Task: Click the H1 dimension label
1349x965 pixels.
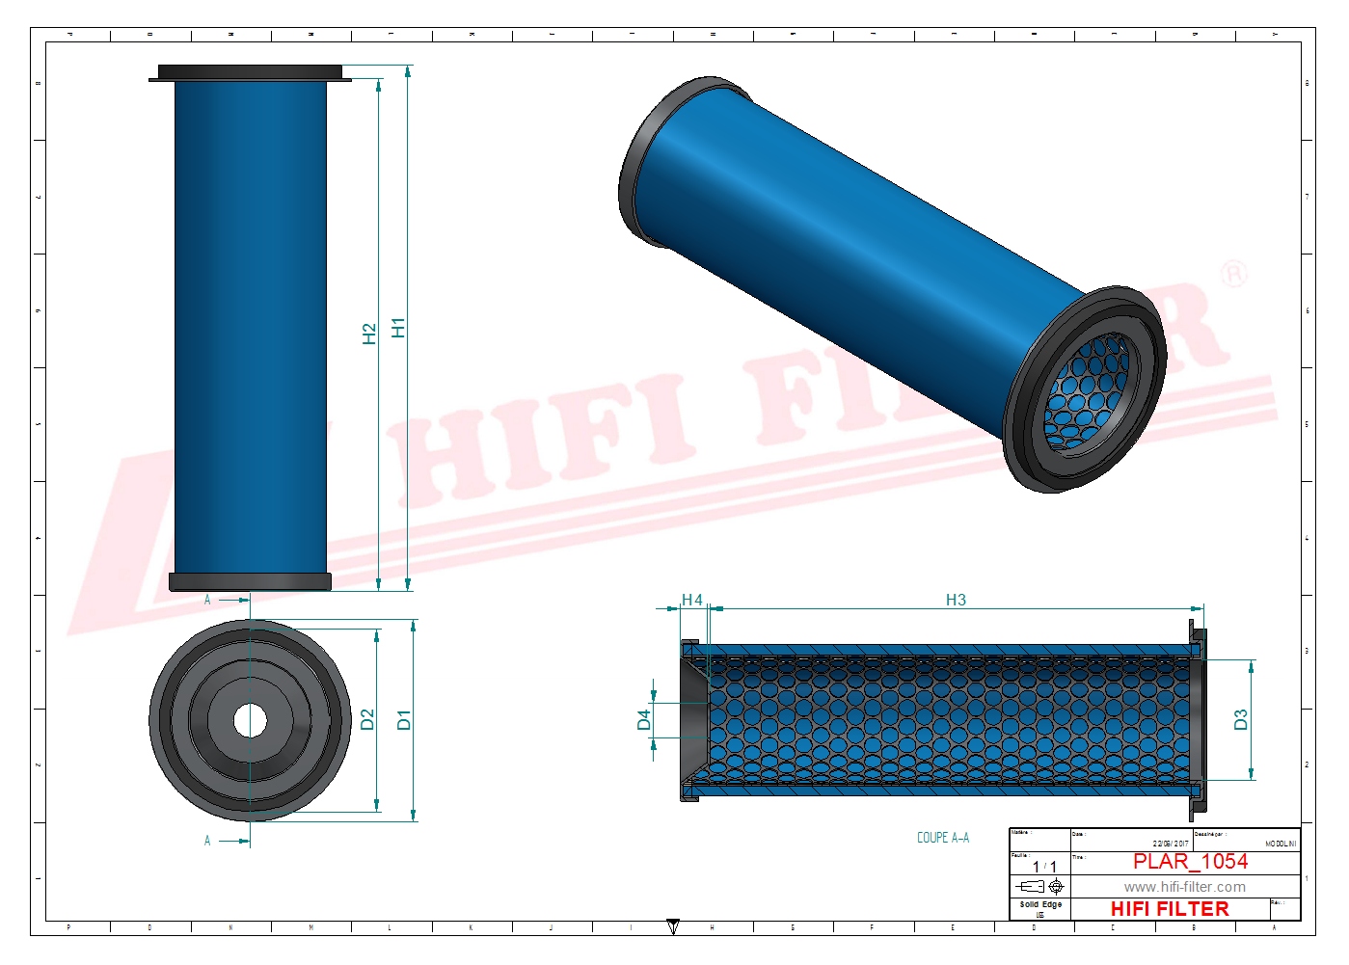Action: (x=398, y=328)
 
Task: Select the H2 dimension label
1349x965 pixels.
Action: (x=368, y=334)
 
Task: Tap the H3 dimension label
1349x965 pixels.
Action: (x=956, y=600)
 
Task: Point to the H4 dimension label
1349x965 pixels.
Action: (x=691, y=600)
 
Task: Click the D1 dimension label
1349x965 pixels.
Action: (x=403, y=719)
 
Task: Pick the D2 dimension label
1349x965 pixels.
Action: (x=366, y=719)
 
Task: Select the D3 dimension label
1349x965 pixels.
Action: (x=1240, y=719)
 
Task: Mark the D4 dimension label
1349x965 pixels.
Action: (x=643, y=719)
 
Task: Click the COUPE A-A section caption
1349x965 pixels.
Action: (x=942, y=838)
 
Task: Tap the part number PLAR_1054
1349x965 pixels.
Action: (x=1190, y=861)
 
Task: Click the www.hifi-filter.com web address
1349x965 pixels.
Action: (x=1184, y=887)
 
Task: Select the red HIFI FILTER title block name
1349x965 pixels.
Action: (x=1169, y=909)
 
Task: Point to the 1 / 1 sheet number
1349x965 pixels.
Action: (x=1044, y=867)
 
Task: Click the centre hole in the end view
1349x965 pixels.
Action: (x=250, y=720)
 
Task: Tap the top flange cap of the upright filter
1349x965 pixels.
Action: (x=250, y=72)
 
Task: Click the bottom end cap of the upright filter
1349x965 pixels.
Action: (x=250, y=581)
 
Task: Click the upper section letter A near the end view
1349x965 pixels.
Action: (x=207, y=600)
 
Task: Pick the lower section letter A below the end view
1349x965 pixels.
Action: (x=207, y=841)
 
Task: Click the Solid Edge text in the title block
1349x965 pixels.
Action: (x=1040, y=904)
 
